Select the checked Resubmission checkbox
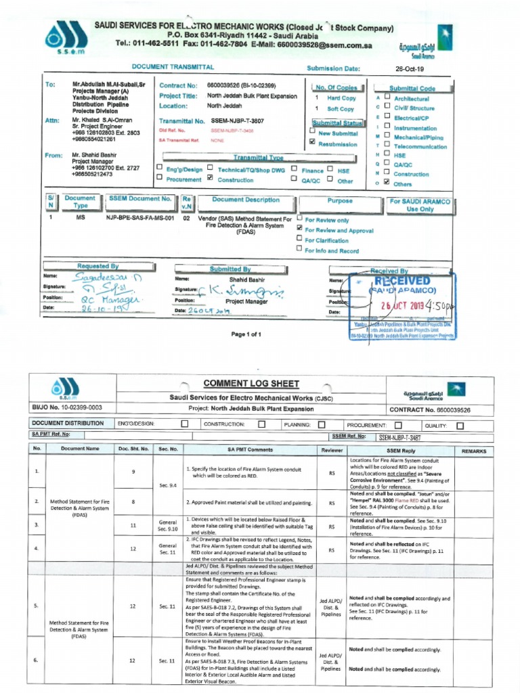[312, 142]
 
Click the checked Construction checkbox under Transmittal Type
[211, 178]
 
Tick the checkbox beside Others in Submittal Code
[386, 182]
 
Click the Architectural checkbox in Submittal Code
[386, 97]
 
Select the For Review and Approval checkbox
[299, 229]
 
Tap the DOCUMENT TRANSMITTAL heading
[173, 68]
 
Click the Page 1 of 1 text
[246, 334]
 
